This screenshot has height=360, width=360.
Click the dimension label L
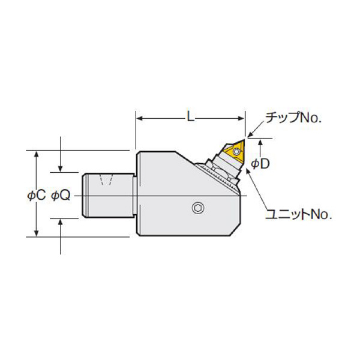pos(190,118)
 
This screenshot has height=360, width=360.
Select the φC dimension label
pos(36,196)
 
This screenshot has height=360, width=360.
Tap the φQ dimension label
pos(61,196)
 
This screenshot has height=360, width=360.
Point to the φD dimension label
pos(260,164)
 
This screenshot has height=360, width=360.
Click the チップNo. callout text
pos(293,118)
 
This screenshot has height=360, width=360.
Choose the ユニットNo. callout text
pos(298,215)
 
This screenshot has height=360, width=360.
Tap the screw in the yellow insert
pos(236,152)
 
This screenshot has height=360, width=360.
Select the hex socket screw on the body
pos(198,208)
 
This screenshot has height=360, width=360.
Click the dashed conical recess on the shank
pos(106,180)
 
